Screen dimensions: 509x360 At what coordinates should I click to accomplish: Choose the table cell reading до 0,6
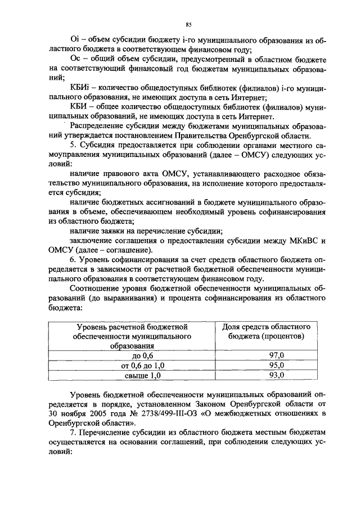pos(142,355)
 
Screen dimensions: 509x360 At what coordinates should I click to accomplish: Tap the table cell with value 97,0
pos(277,355)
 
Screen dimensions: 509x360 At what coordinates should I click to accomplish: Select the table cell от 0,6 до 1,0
pos(142,365)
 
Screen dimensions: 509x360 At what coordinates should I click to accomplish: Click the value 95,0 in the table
pos(277,365)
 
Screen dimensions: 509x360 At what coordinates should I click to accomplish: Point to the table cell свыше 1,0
pos(142,375)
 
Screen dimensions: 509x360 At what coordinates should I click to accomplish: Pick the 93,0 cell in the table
pos(277,375)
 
